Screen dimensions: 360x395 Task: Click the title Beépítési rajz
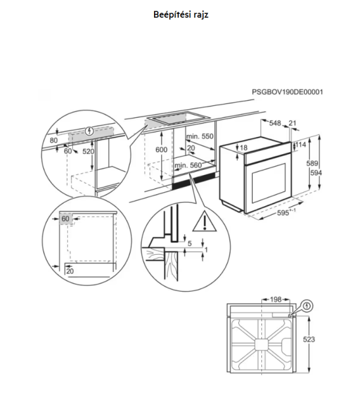(x=180, y=14)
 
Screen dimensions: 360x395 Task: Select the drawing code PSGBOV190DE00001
(x=287, y=92)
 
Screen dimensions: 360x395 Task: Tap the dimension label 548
(x=275, y=123)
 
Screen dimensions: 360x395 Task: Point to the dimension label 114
(x=301, y=144)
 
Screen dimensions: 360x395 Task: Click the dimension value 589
(x=312, y=163)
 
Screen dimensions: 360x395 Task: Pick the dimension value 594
(x=316, y=172)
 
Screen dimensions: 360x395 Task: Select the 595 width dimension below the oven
(x=286, y=213)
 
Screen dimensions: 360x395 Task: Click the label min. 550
(x=200, y=136)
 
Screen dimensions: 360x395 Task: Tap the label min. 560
(x=188, y=165)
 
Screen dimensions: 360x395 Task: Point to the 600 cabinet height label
(x=161, y=149)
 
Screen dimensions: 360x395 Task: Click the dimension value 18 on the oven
(x=244, y=147)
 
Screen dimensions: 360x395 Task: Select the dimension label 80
(x=54, y=140)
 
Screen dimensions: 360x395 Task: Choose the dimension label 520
(x=88, y=151)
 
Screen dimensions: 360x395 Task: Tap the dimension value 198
(x=275, y=300)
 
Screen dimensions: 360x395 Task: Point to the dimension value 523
(x=309, y=339)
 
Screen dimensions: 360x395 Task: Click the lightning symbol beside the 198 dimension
(x=307, y=306)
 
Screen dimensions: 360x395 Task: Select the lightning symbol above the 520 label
(x=90, y=131)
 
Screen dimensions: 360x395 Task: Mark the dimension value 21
(x=292, y=123)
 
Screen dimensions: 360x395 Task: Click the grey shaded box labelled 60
(x=66, y=219)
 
